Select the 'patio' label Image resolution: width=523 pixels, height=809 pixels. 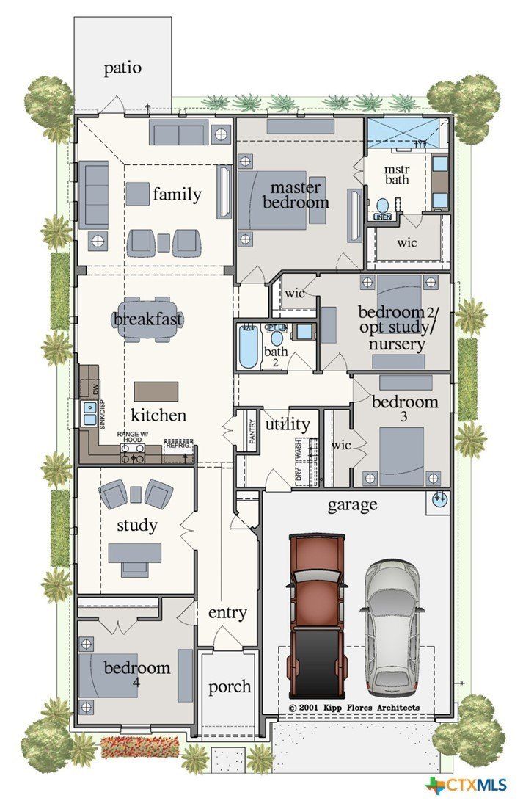click(x=122, y=68)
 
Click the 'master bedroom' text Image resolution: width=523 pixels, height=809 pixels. click(x=296, y=195)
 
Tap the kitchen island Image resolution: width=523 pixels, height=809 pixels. click(x=156, y=391)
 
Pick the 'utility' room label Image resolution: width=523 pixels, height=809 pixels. click(x=282, y=424)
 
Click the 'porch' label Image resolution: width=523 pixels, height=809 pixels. click(x=230, y=687)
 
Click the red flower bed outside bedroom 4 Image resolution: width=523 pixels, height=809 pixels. click(x=139, y=747)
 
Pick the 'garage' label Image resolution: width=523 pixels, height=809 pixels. click(x=353, y=504)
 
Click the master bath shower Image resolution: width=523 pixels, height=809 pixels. click(x=406, y=132)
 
